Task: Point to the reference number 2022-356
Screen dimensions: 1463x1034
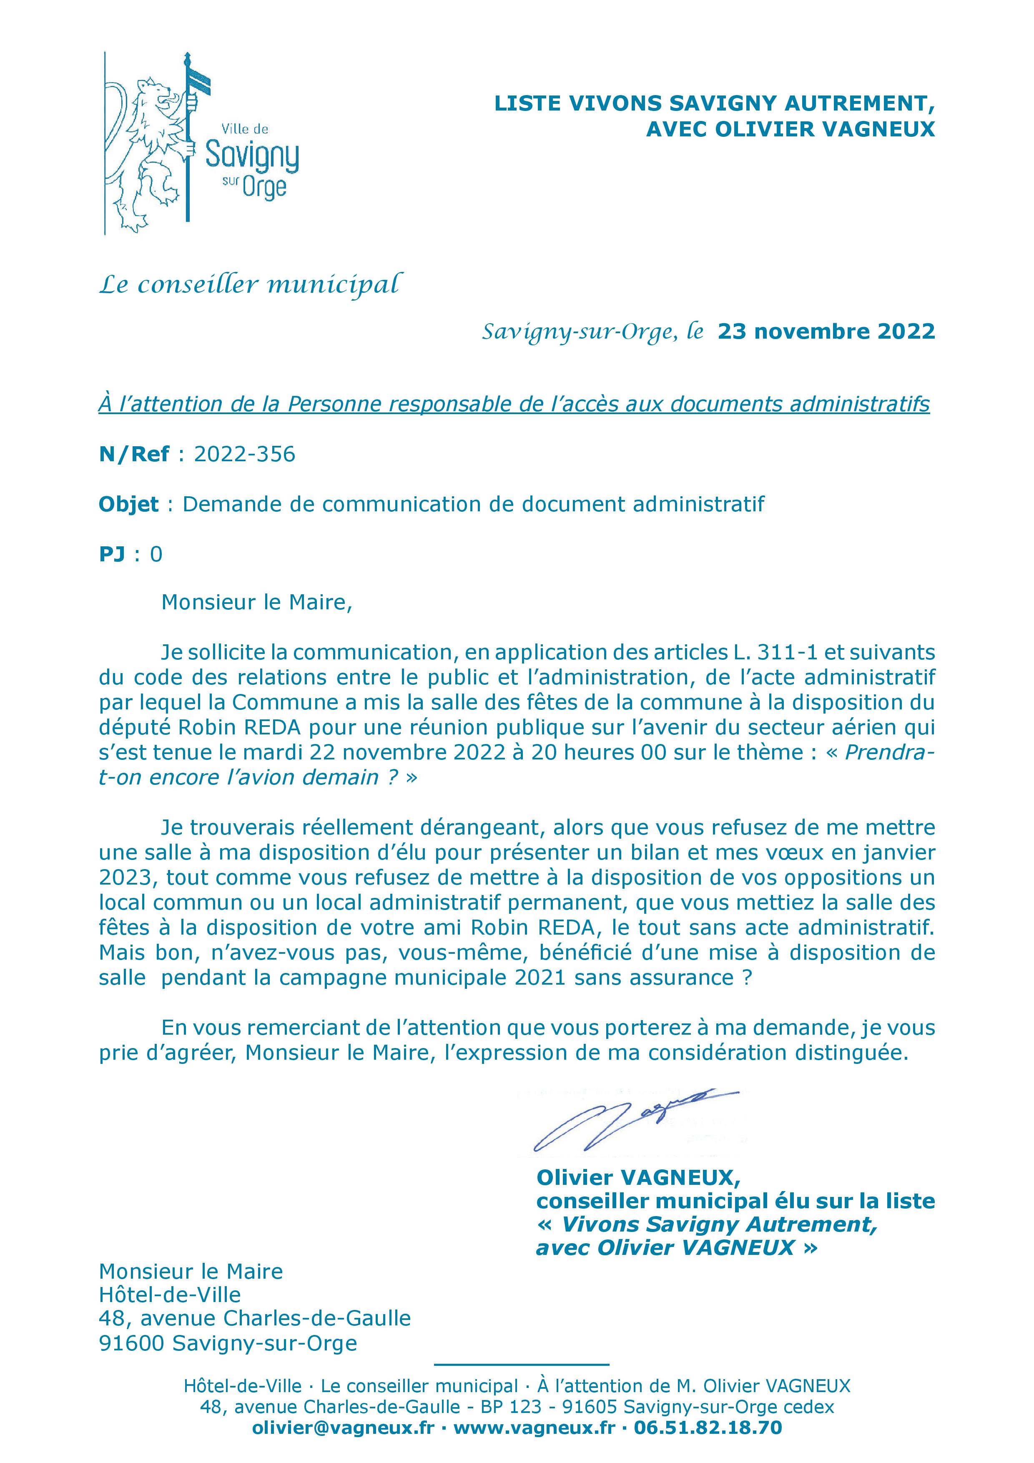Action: (x=245, y=454)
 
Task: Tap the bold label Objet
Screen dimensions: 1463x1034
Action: (x=129, y=505)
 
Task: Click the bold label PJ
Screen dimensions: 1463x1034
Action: (x=113, y=554)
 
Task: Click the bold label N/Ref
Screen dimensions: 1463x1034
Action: (x=134, y=454)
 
